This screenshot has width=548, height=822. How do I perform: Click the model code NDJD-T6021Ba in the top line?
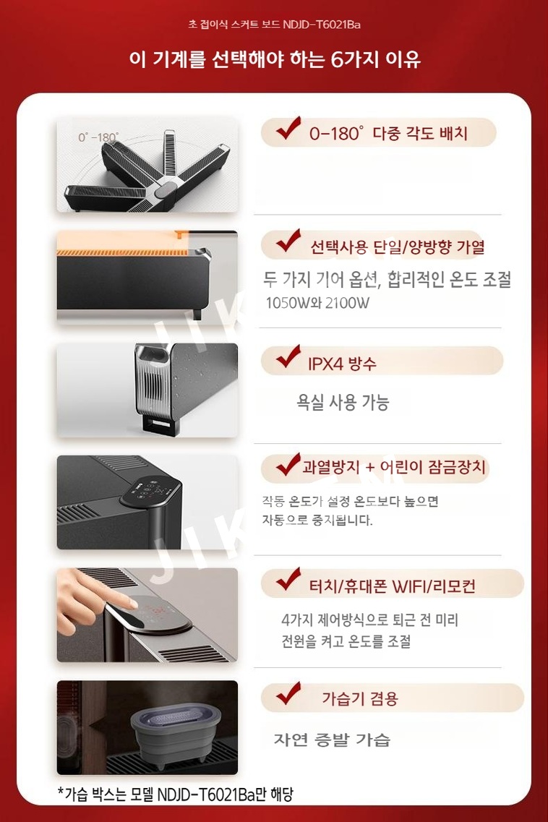click(x=322, y=24)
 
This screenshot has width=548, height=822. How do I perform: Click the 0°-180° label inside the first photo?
click(x=98, y=137)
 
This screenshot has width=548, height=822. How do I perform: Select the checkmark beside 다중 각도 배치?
click(x=288, y=129)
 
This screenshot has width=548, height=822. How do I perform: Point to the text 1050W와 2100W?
click(x=317, y=302)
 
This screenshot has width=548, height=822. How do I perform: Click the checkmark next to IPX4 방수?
click(x=288, y=356)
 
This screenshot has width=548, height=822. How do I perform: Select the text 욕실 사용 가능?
click(x=343, y=402)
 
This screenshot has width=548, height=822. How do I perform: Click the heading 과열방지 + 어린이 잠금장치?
click(x=394, y=466)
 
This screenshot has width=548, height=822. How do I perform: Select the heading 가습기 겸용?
click(x=360, y=698)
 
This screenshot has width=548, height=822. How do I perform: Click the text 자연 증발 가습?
click(x=332, y=740)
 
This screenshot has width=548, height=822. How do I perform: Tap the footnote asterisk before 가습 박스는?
click(x=60, y=790)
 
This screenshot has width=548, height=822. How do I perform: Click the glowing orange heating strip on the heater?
click(x=127, y=252)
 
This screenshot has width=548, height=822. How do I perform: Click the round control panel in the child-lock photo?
click(x=150, y=492)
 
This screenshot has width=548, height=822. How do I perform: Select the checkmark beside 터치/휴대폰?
click(x=288, y=579)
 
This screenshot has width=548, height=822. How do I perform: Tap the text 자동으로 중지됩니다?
click(x=317, y=520)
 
